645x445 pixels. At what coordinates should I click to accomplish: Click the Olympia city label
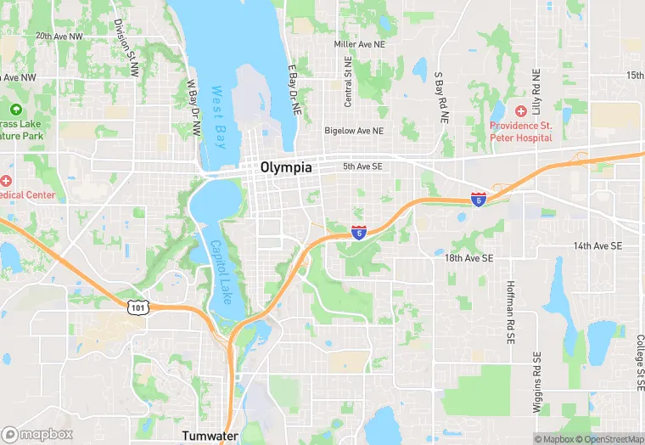coord(286,167)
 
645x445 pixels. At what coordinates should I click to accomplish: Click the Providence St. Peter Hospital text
coord(520,131)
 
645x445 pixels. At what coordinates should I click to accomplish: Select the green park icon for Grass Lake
coord(14,110)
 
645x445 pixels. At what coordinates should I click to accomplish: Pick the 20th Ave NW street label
coord(59,37)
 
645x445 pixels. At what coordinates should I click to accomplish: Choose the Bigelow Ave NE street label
coord(354,131)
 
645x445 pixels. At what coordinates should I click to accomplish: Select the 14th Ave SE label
coord(597,245)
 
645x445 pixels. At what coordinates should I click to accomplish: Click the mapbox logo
coord(37,434)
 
